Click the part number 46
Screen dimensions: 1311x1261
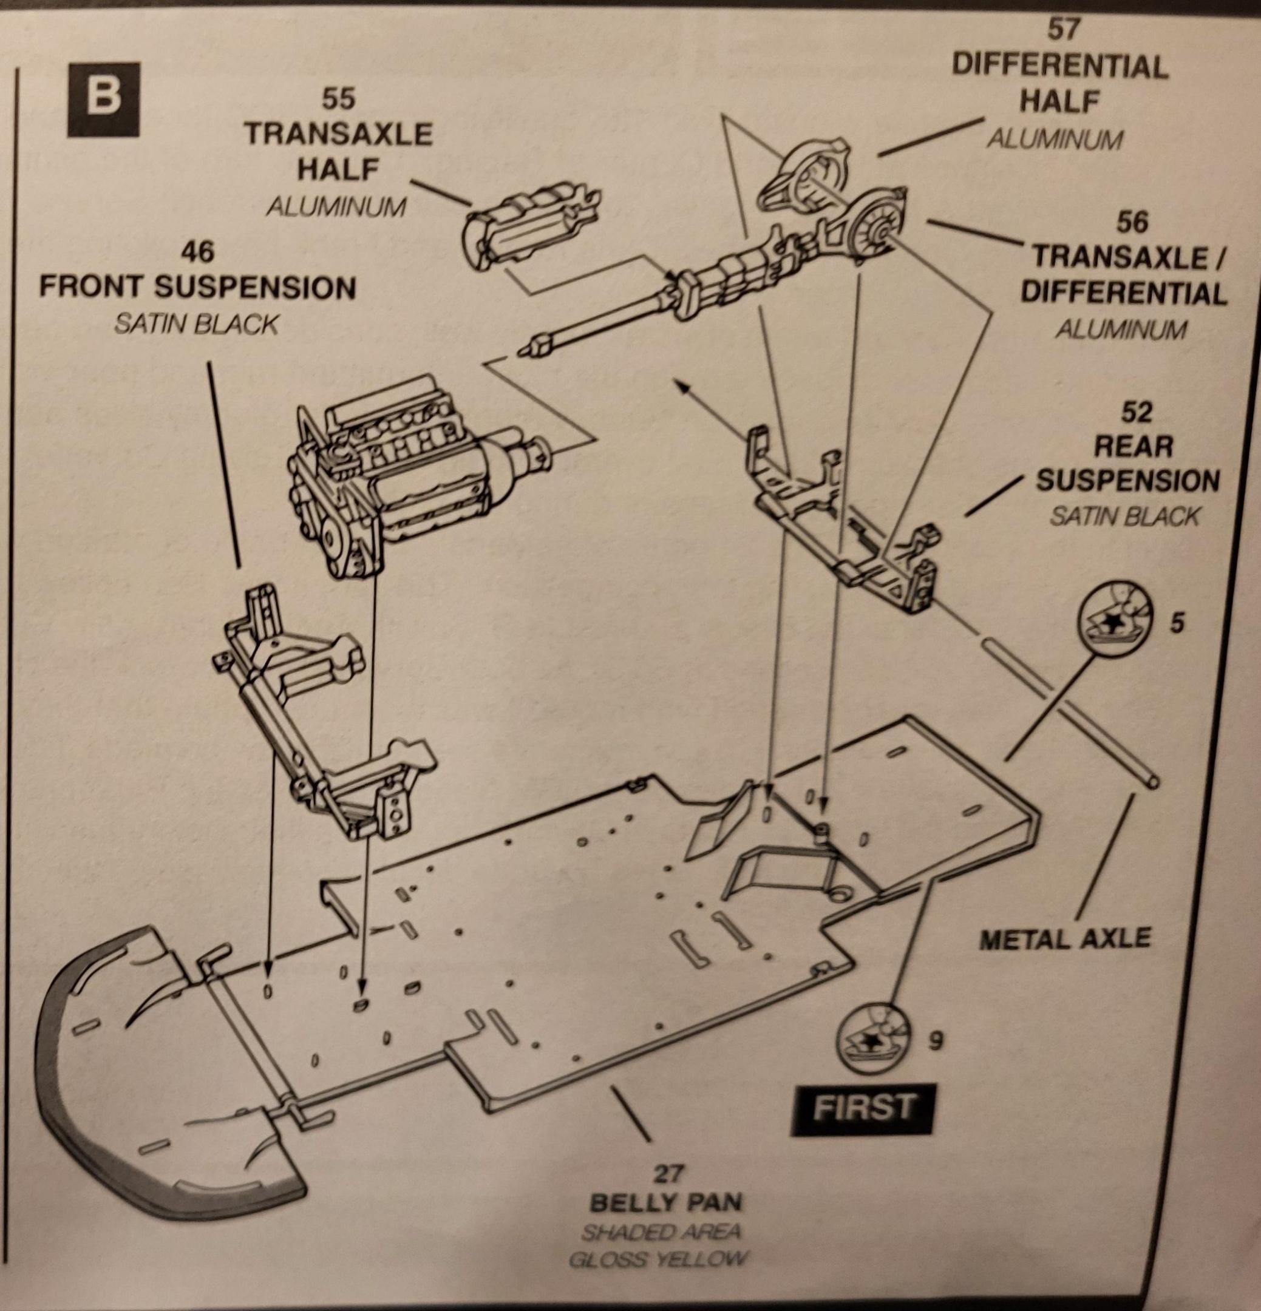coord(197,253)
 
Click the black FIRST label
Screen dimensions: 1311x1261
coord(862,1107)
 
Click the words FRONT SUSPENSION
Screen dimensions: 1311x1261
coord(197,288)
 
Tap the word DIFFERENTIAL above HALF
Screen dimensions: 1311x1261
coord(1059,66)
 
